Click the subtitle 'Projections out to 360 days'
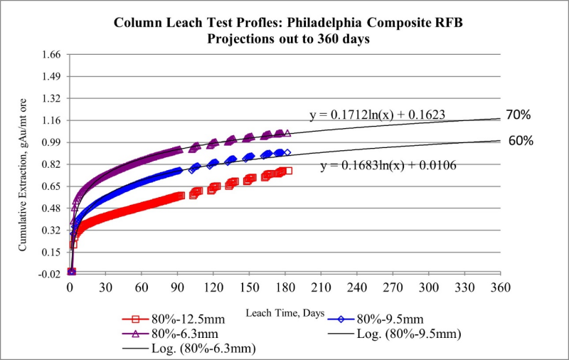click(288, 38)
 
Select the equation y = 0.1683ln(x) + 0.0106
click(388, 166)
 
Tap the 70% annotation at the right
click(519, 115)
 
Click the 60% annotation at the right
click(521, 140)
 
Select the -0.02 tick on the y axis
click(51, 274)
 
